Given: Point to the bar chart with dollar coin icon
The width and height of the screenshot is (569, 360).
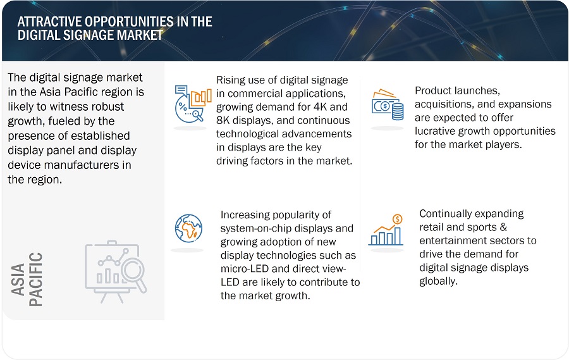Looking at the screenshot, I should [386, 231].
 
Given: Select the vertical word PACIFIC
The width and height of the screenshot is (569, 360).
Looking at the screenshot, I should [37, 280].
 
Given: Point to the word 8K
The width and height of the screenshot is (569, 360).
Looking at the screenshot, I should [224, 120].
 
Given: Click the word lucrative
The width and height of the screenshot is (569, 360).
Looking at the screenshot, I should [436, 131].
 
